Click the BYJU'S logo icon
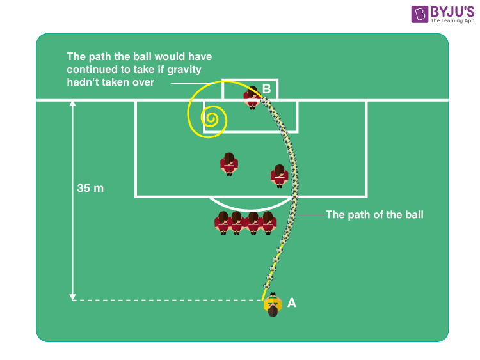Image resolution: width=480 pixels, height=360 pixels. (x=420, y=15)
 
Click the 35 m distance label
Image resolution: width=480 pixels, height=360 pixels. (x=90, y=189)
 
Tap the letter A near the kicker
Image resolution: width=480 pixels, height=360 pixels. (x=292, y=303)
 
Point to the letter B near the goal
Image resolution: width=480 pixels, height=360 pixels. (x=267, y=88)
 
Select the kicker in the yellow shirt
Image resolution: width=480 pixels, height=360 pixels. (x=273, y=305)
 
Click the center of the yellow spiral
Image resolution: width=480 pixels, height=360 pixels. (x=209, y=117)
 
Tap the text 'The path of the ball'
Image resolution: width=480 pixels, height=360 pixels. (x=374, y=215)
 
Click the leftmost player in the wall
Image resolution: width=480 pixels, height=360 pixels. (x=223, y=223)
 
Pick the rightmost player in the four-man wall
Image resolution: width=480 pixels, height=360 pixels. (x=269, y=223)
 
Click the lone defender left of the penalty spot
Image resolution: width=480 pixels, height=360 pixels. (x=228, y=164)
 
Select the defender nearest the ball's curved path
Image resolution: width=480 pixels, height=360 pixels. (x=279, y=175)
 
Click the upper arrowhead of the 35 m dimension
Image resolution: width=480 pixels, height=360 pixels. (x=73, y=104)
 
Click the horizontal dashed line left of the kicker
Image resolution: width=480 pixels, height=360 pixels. (x=166, y=300)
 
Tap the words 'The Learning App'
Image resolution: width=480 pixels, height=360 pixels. (x=452, y=20)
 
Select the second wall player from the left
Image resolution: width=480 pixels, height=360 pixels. (x=237, y=223)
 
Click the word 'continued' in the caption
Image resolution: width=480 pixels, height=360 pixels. (x=90, y=70)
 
